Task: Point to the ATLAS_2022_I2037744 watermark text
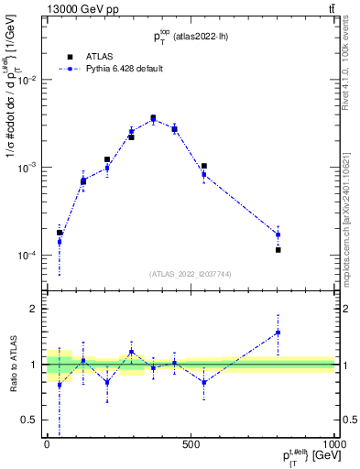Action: pyautogui.click(x=190, y=274)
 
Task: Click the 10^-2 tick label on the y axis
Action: pyautogui.click(x=27, y=81)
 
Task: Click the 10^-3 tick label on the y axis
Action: pyautogui.click(x=27, y=168)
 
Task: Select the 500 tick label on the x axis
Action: pyautogui.click(x=191, y=443)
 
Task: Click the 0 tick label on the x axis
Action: pyautogui.click(x=47, y=443)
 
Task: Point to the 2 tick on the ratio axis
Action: pyautogui.click(x=34, y=309)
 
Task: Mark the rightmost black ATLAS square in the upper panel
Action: pyautogui.click(x=278, y=249)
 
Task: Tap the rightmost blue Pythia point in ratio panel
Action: pyautogui.click(x=278, y=333)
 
